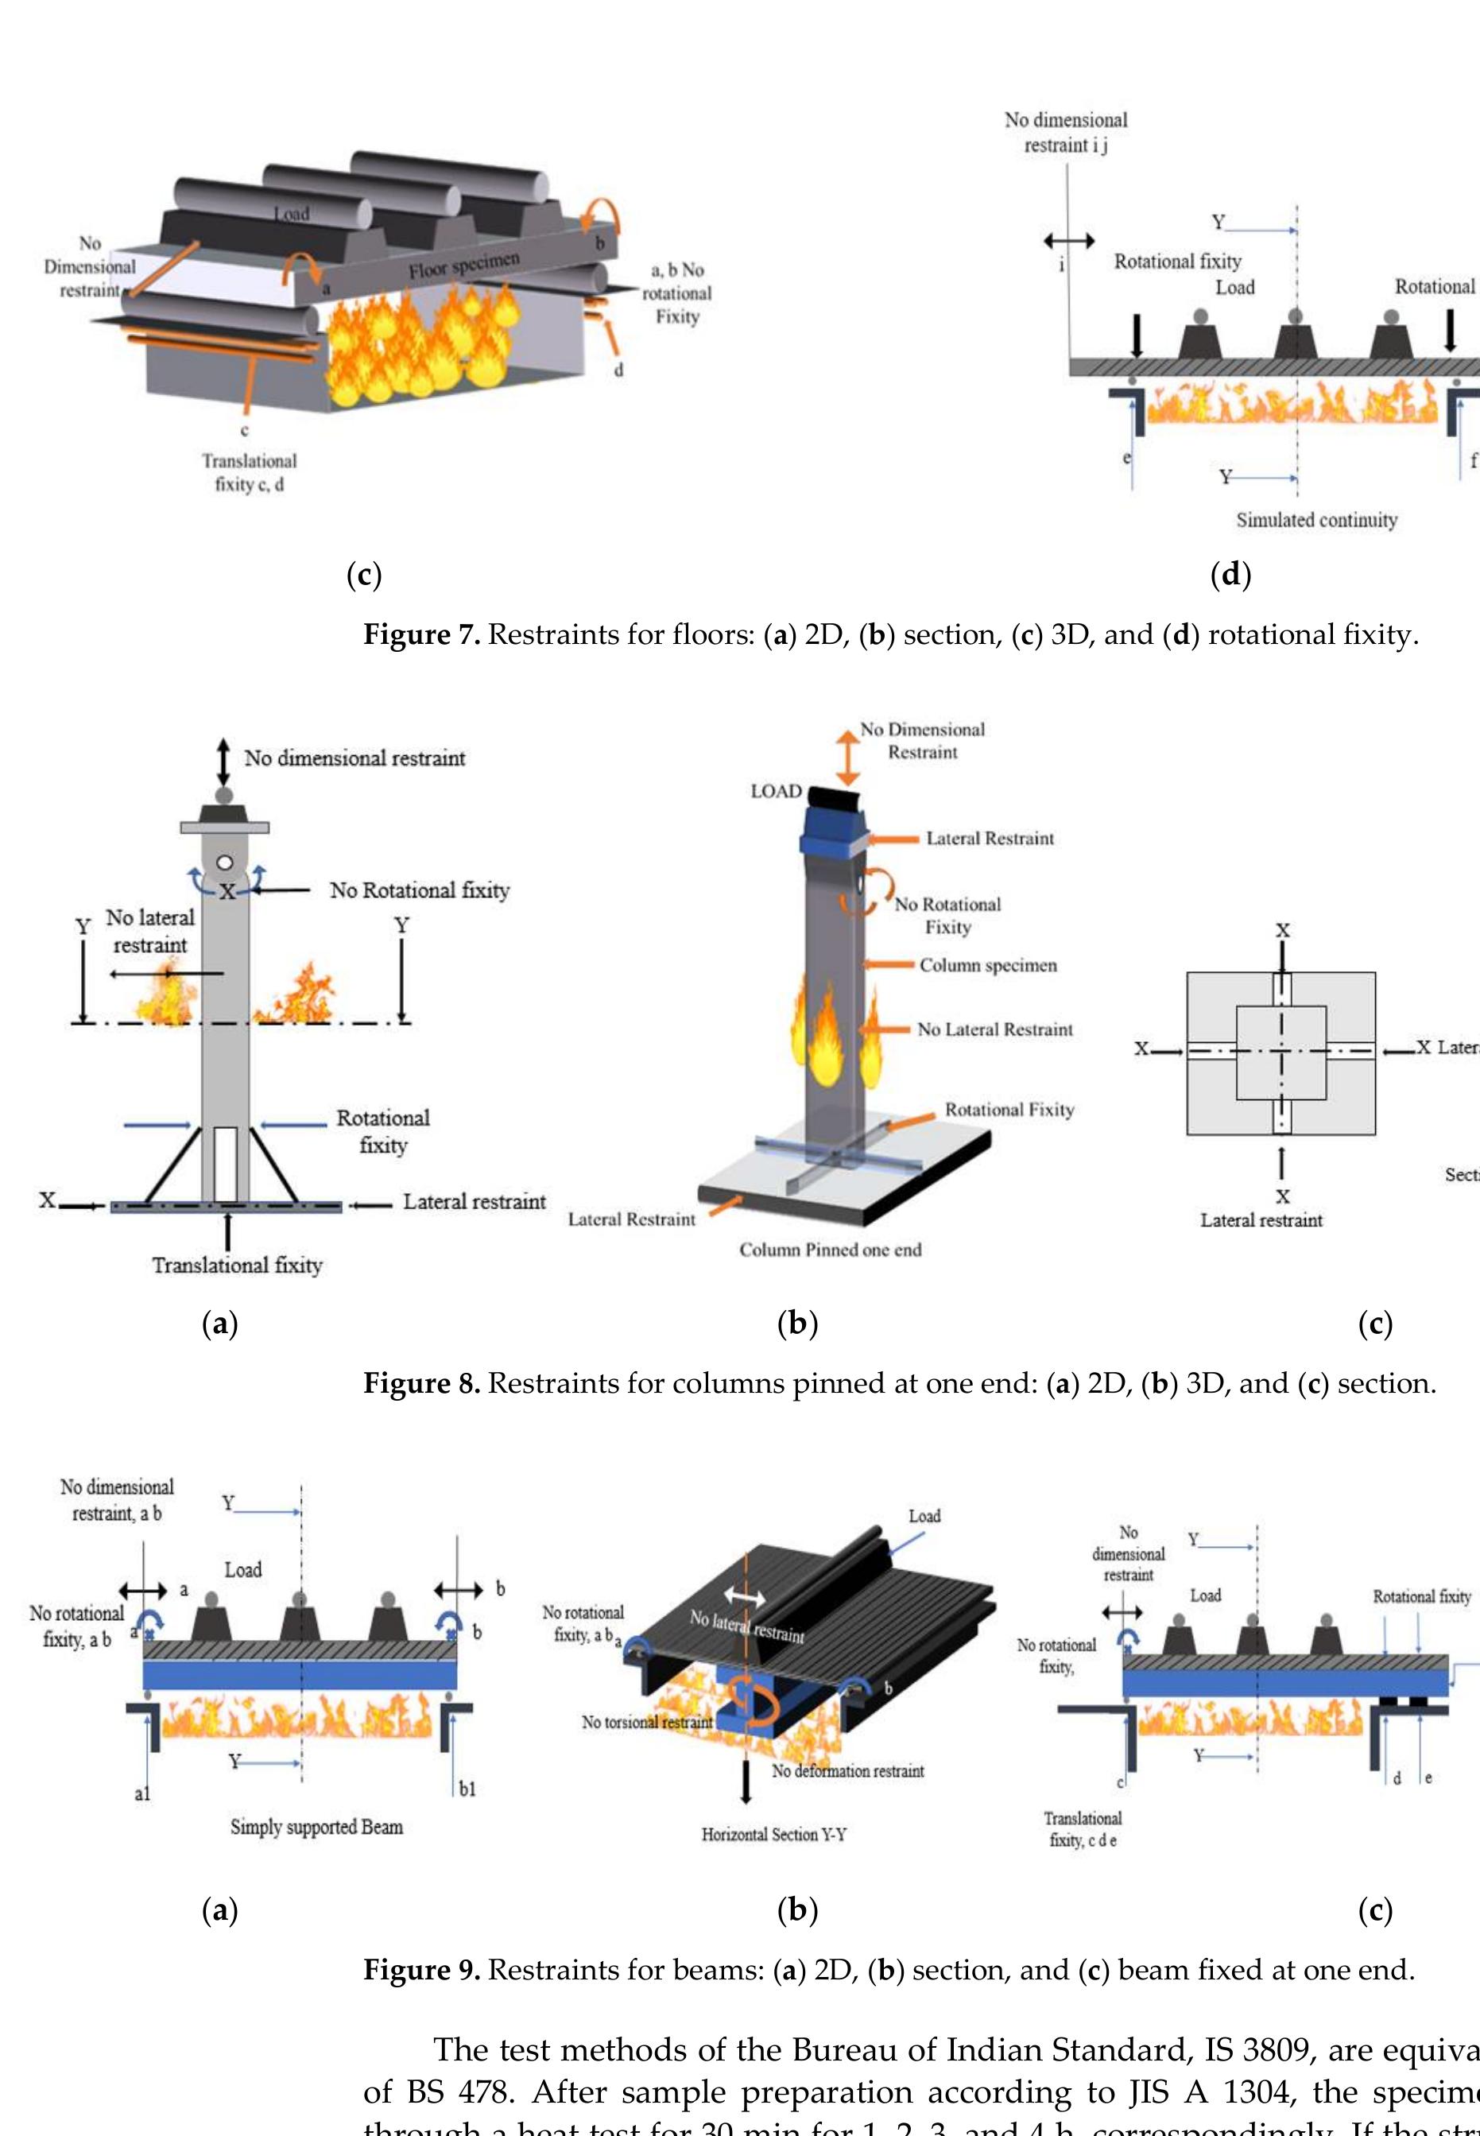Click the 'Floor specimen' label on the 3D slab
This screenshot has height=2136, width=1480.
click(x=463, y=265)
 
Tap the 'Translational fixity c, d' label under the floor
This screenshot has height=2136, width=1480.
click(x=249, y=472)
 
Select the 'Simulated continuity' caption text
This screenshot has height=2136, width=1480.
click(x=1316, y=521)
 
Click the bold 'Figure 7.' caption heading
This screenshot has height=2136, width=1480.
click(x=421, y=634)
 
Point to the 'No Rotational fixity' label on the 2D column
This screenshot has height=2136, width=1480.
click(x=419, y=890)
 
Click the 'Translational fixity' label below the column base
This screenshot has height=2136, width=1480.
click(x=238, y=1265)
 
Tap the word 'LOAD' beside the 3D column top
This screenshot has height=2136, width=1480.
click(x=775, y=791)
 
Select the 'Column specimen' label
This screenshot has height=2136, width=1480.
click(x=987, y=966)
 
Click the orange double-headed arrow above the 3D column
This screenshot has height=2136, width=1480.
click(x=847, y=758)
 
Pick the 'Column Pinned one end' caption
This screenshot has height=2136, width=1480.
click(x=830, y=1250)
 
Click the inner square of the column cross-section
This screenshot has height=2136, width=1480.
click(x=1281, y=1052)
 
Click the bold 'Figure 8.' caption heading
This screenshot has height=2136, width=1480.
click(x=421, y=1384)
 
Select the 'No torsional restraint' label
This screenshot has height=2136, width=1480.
click(x=646, y=1723)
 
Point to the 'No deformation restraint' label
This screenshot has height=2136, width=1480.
click(x=847, y=1770)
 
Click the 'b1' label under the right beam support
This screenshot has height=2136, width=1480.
click(x=467, y=1789)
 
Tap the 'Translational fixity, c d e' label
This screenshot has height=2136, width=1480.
click(x=1083, y=1829)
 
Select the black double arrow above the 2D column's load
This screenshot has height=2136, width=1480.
click(x=223, y=761)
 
